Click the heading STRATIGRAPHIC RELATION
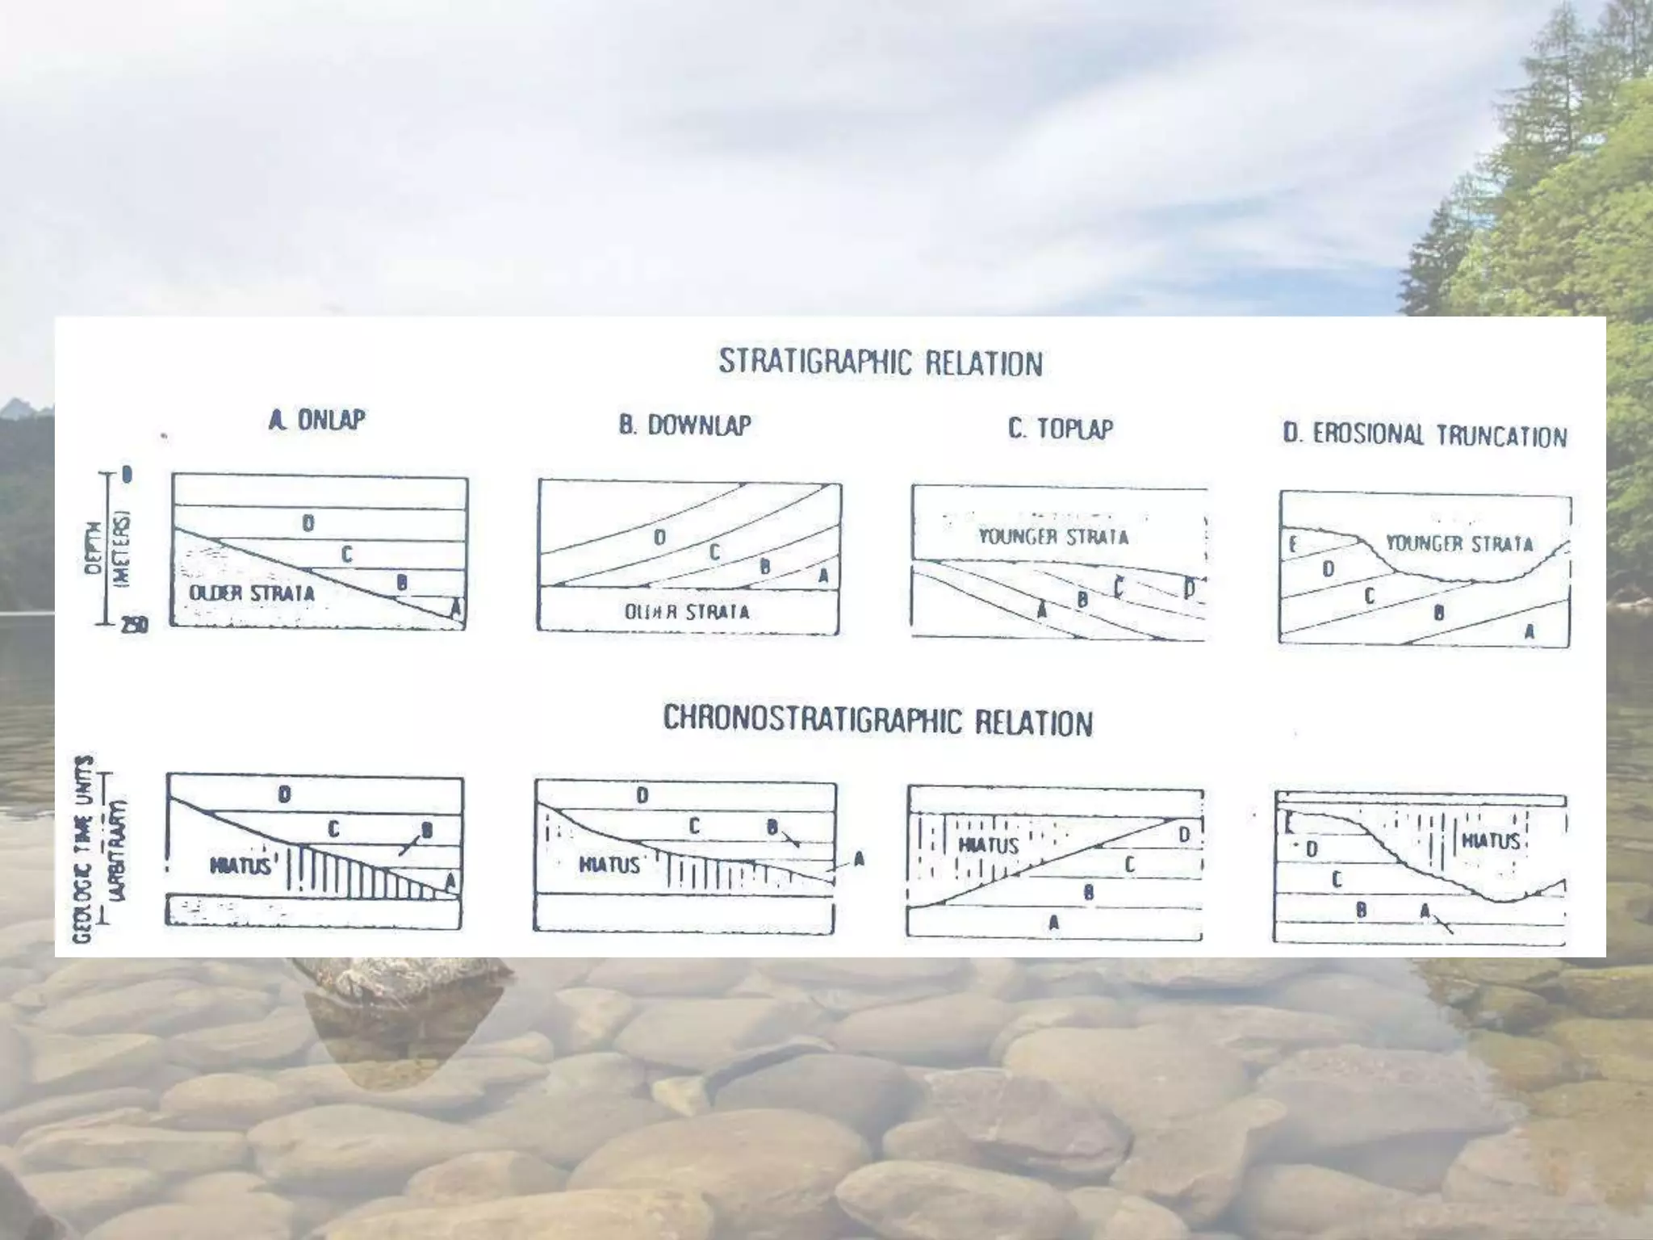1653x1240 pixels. tap(881, 362)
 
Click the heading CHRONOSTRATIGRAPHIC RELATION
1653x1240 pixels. tap(877, 720)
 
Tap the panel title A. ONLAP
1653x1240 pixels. tap(317, 419)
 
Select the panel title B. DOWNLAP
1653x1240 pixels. tap(684, 425)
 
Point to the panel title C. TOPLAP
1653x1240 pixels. tap(1060, 428)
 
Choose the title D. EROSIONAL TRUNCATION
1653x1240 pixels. tap(1425, 435)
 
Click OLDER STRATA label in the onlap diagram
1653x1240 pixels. tap(251, 593)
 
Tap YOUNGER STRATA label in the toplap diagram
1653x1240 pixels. tap(1053, 537)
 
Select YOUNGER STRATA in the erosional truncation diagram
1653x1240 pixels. tap(1459, 543)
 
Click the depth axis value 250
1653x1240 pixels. tap(134, 625)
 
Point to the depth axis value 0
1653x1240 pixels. tap(127, 475)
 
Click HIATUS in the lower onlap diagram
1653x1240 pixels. tap(240, 866)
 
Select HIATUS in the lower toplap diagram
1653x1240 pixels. tap(989, 845)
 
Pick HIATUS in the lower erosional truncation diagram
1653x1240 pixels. tap(1491, 841)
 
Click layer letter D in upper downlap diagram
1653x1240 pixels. tap(659, 537)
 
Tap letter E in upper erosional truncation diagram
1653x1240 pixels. tap(1292, 544)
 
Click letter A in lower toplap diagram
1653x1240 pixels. tap(1053, 923)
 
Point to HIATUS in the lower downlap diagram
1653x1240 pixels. tap(609, 865)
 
